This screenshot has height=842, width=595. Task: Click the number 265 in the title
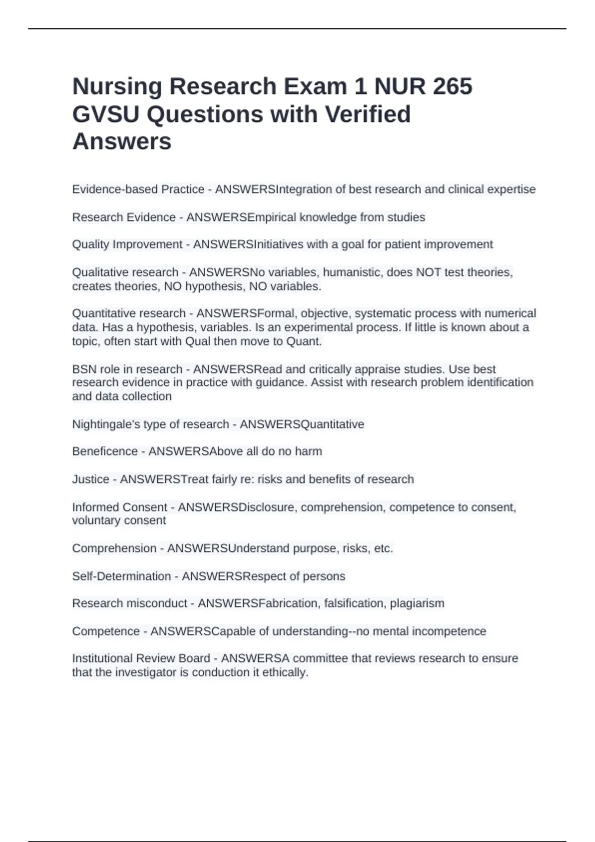pos(452,87)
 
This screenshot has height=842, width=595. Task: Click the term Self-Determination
pos(121,577)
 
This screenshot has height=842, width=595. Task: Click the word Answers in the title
pos(122,142)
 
